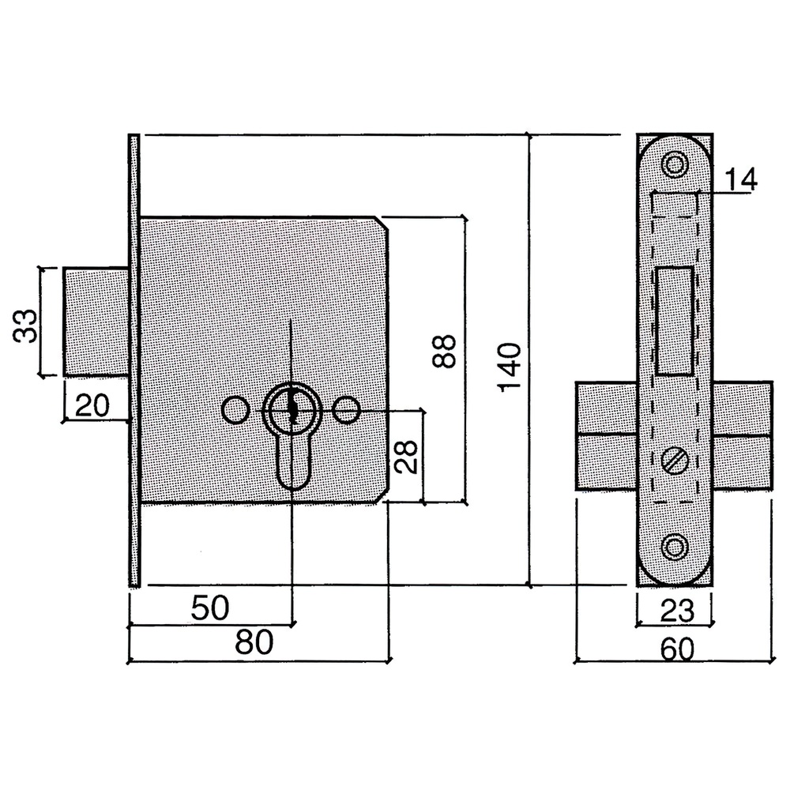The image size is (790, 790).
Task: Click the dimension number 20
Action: (x=92, y=406)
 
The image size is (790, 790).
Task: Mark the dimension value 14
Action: (x=739, y=180)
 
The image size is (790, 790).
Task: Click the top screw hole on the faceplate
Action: (x=675, y=164)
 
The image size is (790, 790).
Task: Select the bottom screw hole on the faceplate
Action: (x=675, y=547)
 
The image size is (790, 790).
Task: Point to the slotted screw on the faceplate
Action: (x=675, y=461)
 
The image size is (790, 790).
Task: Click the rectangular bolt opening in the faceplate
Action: (x=675, y=320)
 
